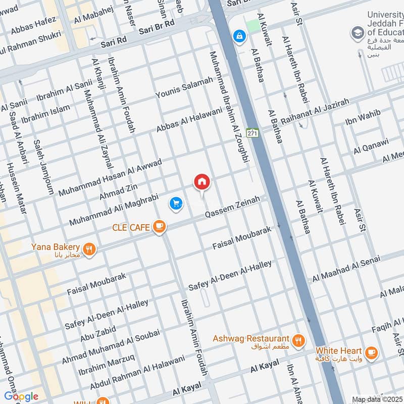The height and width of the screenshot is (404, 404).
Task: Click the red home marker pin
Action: pos(202,182)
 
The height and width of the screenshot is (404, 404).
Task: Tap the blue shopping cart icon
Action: pos(176,204)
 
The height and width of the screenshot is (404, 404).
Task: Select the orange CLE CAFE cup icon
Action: pos(159,227)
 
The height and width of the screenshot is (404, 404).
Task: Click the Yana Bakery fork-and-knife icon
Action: pos(89,248)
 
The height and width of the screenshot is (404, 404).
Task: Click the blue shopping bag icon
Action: pos(238,36)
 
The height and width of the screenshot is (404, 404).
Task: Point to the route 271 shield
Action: pos(252,133)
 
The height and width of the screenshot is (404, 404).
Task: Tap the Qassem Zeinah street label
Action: pos(232,208)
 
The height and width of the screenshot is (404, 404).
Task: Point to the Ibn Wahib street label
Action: pos(363,118)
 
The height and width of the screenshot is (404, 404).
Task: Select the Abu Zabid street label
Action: pos(97,334)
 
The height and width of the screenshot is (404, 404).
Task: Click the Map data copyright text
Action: pos(377,399)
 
